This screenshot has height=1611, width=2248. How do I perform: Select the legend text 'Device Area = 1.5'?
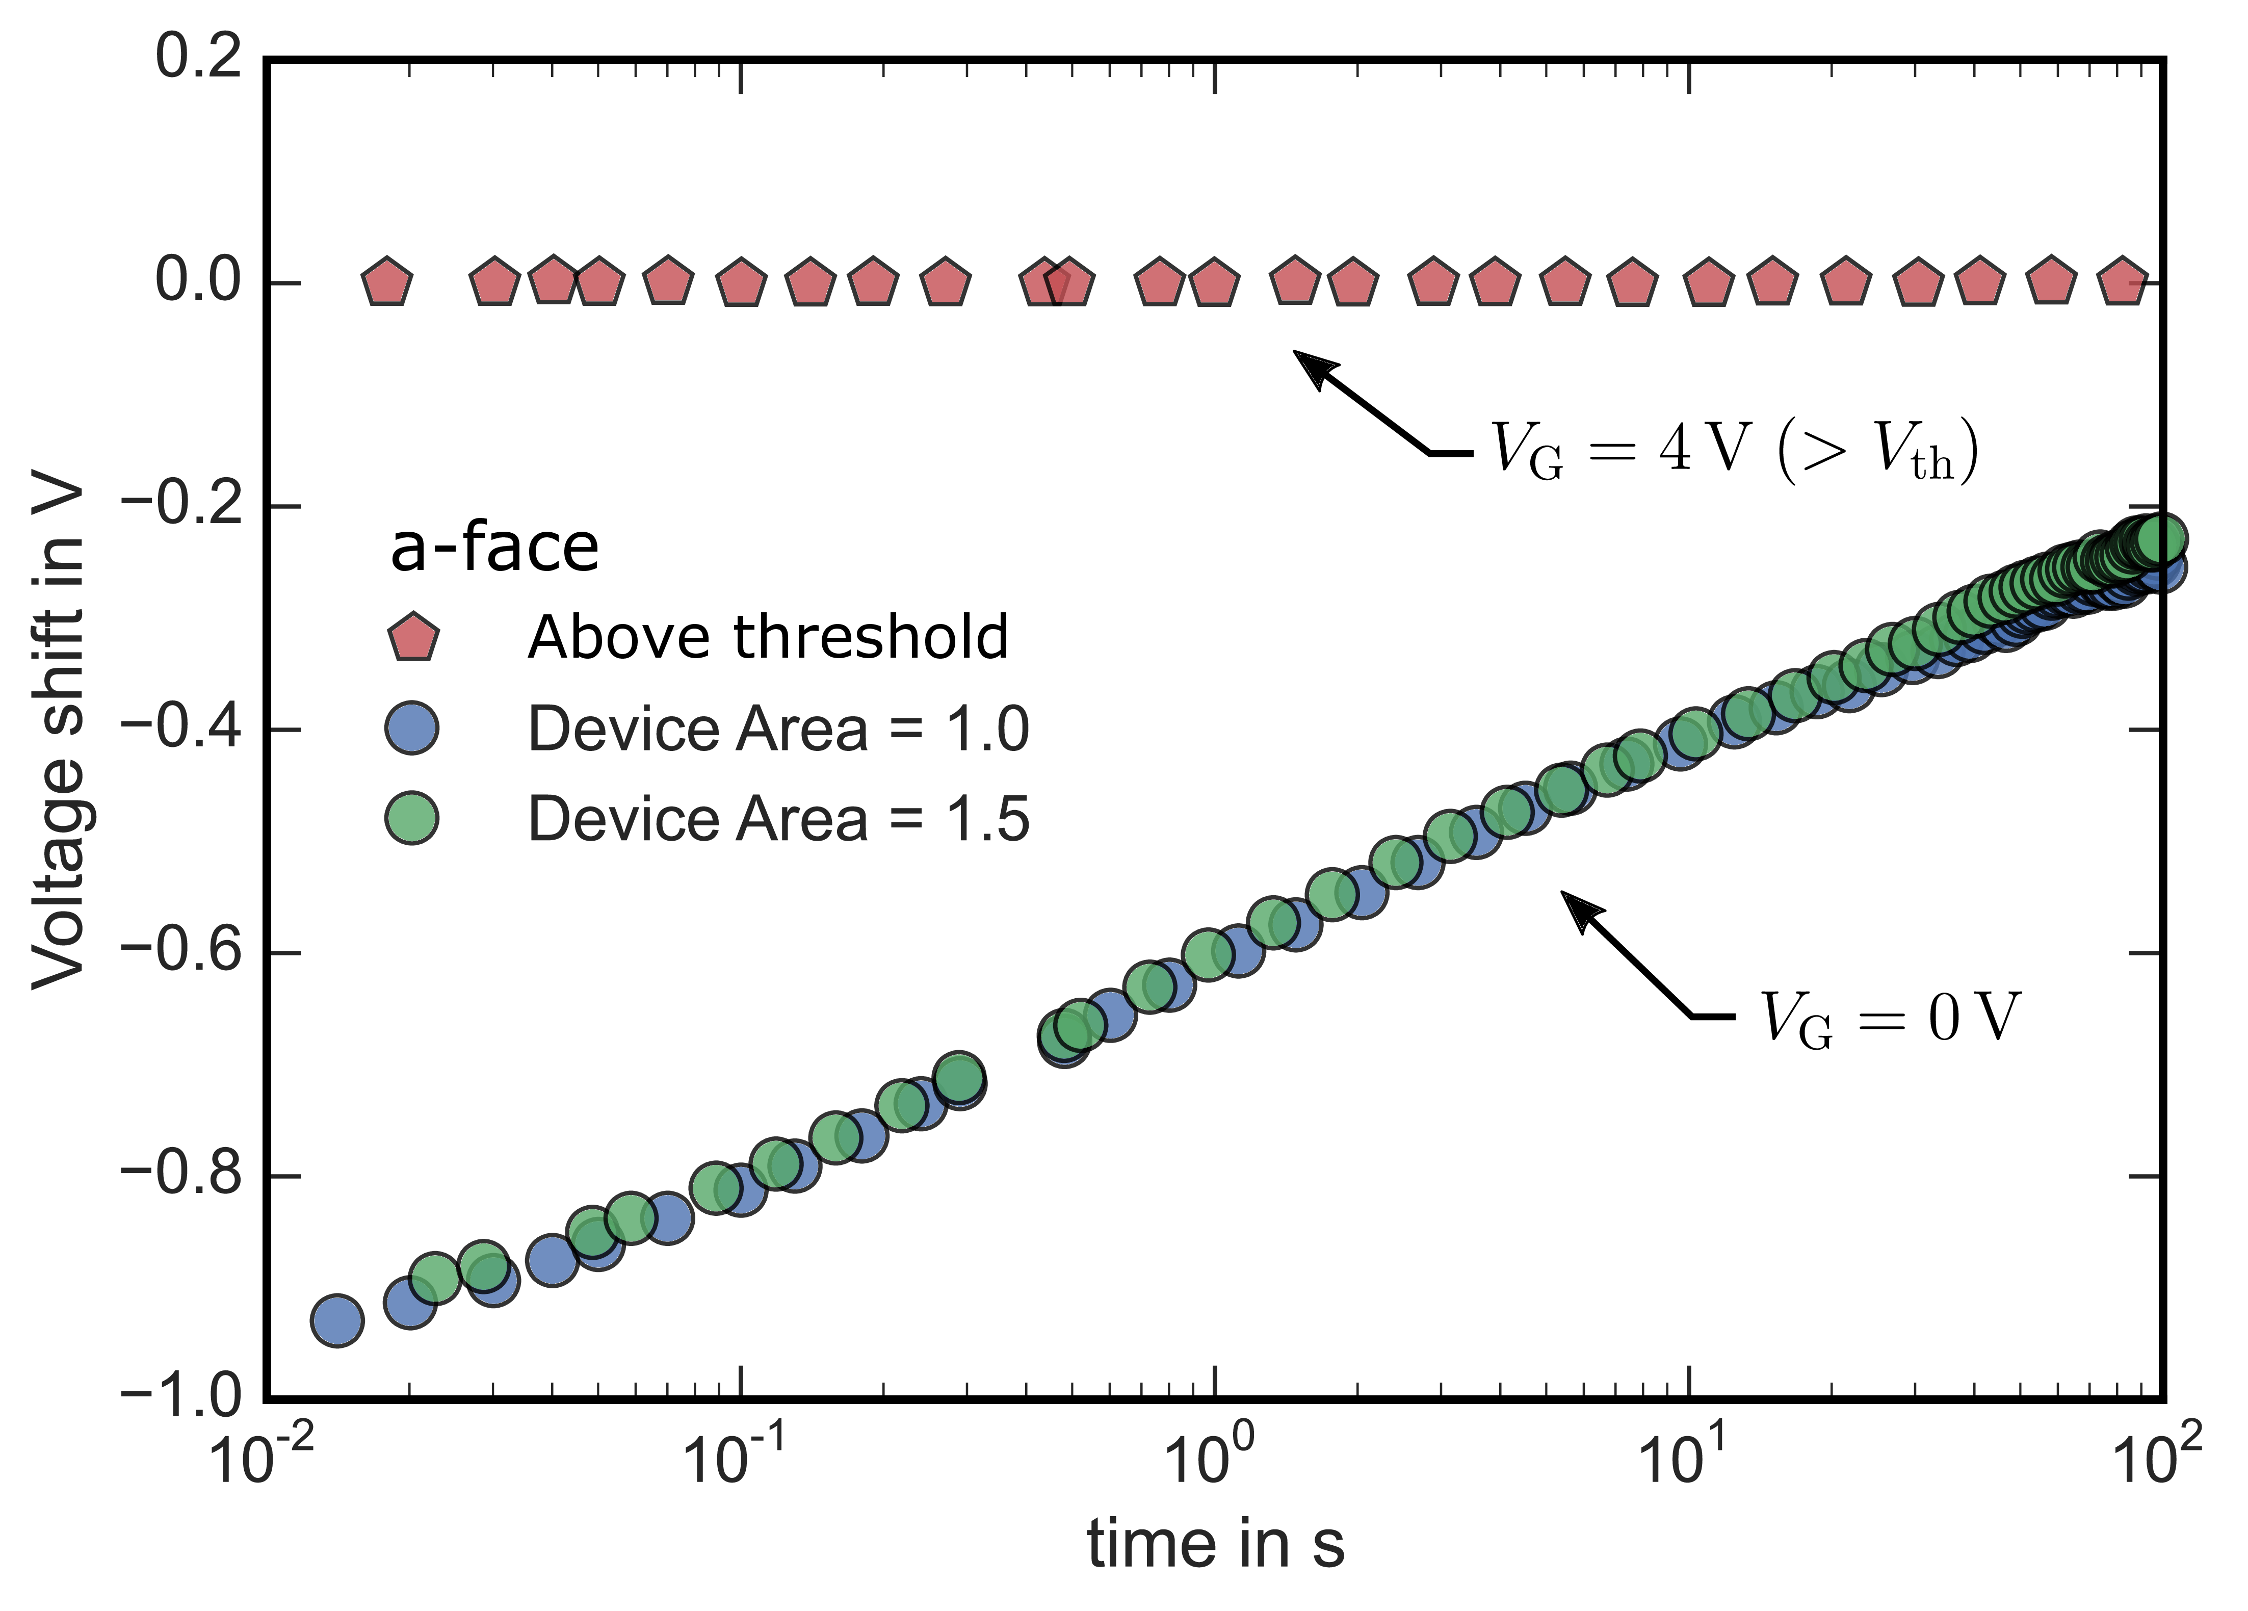tap(778, 819)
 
